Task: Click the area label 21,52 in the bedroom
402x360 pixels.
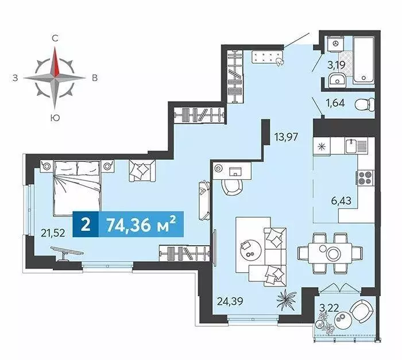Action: pos(52,233)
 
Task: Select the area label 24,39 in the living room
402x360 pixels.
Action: pos(230,299)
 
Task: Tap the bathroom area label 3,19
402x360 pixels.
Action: pos(336,65)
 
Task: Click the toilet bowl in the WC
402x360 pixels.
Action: pos(363,105)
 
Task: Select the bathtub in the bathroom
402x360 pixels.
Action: pos(362,60)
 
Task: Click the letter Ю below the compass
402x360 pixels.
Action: pos(55,118)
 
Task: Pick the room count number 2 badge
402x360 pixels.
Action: pos(86,224)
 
